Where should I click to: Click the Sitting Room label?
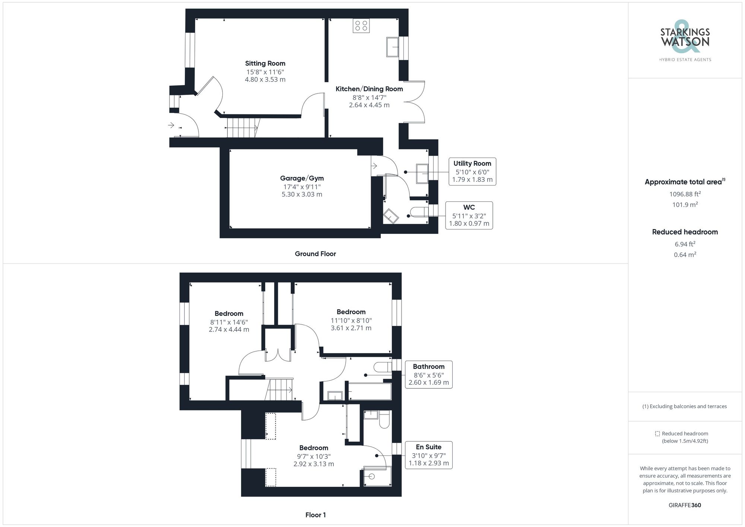pyautogui.click(x=265, y=63)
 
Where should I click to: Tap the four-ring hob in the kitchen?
pyautogui.click(x=361, y=26)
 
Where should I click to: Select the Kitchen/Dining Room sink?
pyautogui.click(x=392, y=47)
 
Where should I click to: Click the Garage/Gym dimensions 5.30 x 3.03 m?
pyautogui.click(x=302, y=194)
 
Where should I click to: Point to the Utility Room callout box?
pyautogui.click(x=472, y=171)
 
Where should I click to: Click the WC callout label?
pyautogui.click(x=469, y=207)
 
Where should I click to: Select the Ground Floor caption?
pyautogui.click(x=315, y=254)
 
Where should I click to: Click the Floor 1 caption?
pyautogui.click(x=315, y=515)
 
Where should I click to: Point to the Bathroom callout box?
pyautogui.click(x=428, y=374)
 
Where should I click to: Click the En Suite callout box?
pyautogui.click(x=428, y=455)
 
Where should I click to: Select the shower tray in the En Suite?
pyautogui.click(x=377, y=476)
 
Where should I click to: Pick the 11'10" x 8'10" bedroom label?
pyautogui.click(x=351, y=320)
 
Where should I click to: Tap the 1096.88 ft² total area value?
pyautogui.click(x=685, y=194)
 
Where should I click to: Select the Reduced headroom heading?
pyautogui.click(x=685, y=232)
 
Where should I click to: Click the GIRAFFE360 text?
pyautogui.click(x=685, y=505)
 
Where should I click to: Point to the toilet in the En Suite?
pyautogui.click(x=384, y=420)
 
